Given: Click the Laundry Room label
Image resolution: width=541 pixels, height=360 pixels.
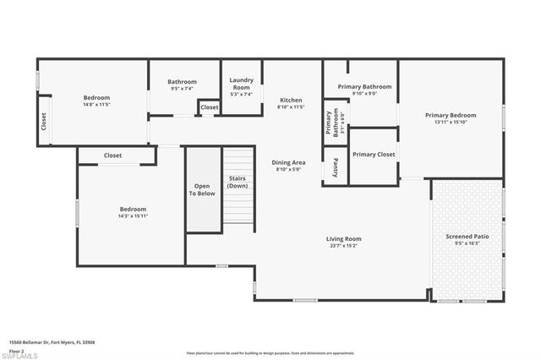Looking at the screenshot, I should pos(241,84).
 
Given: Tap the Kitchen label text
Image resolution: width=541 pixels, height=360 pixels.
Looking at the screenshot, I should pos(291,100).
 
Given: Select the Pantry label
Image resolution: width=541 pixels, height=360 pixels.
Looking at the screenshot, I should pos(336,166).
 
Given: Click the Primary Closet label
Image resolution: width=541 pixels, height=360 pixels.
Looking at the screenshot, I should pos(374,155).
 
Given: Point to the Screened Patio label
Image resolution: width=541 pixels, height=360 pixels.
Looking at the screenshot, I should pos(467,237).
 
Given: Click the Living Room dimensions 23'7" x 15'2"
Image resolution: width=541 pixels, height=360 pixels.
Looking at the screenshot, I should pos(344,246).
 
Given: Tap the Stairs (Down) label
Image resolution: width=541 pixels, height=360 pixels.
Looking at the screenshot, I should pos(238,182).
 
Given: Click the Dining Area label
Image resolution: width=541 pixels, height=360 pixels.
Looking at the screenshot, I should pos(288,162).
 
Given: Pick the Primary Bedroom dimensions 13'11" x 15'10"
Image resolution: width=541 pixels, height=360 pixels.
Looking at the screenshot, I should pos(451,123).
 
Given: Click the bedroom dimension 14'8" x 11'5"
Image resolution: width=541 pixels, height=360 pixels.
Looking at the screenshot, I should pos(96,104).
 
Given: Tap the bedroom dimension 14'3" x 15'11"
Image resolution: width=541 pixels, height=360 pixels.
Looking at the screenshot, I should pos(133,215).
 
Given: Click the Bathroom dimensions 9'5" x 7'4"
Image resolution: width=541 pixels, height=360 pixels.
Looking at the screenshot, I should pos(183,88).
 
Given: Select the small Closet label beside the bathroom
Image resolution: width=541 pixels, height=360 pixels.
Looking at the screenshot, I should pos(210,107).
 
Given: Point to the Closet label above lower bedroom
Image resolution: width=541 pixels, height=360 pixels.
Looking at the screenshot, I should pos(112,155).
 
